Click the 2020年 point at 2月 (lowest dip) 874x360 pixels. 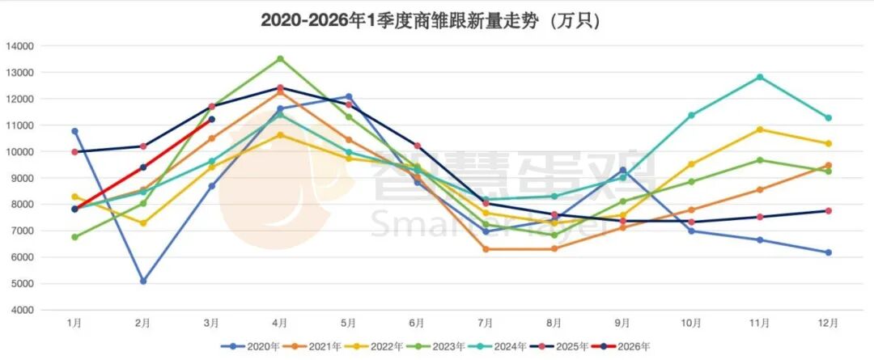tap(143, 282)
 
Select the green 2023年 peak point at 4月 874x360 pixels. tap(280, 58)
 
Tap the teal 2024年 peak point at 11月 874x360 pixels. tap(760, 77)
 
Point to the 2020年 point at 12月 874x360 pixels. tap(828, 252)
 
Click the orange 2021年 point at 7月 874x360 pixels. tap(486, 249)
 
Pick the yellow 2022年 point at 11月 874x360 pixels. tap(760, 129)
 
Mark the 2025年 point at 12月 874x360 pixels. tap(828, 211)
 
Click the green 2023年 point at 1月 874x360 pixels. tap(74, 237)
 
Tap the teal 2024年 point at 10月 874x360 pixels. tap(691, 115)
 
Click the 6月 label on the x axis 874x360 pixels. tap(417, 323)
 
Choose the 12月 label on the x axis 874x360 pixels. tap(828, 323)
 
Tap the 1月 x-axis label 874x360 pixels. tap(74, 323)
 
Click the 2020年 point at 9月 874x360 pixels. tap(622, 170)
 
